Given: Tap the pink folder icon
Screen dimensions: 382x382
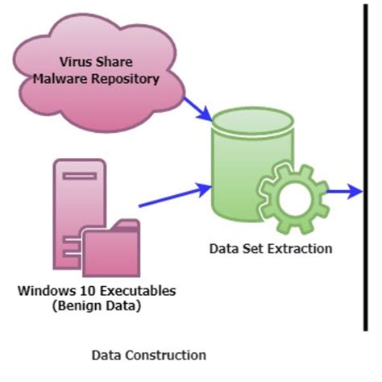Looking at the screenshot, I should pyautogui.click(x=114, y=250).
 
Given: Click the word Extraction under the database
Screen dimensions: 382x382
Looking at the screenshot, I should pyautogui.click(x=301, y=248).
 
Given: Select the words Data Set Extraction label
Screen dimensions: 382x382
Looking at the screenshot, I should pyautogui.click(x=270, y=248).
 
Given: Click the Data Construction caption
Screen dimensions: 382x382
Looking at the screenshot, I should pyautogui.click(x=148, y=355).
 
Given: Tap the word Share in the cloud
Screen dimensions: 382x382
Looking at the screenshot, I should pyautogui.click(x=118, y=60).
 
